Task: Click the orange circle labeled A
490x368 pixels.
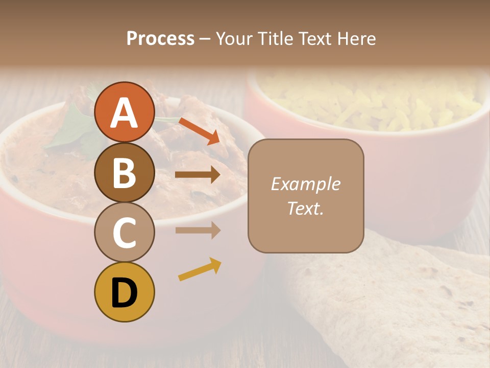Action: coord(125,112)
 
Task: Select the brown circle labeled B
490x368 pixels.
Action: coord(125,172)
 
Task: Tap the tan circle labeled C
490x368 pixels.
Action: coord(125,232)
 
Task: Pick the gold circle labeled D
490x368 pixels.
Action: coord(125,292)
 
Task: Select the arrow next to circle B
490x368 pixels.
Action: coord(198,175)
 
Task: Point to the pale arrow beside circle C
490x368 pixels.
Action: coord(198,231)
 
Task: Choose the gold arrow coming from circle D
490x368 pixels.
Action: coord(200,269)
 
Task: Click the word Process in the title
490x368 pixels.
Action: coord(160,38)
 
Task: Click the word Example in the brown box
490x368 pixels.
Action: coord(306,184)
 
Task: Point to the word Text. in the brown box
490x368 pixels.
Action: coord(306,208)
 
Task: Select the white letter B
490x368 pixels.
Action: coord(125,172)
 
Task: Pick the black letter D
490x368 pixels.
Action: coord(125,293)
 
